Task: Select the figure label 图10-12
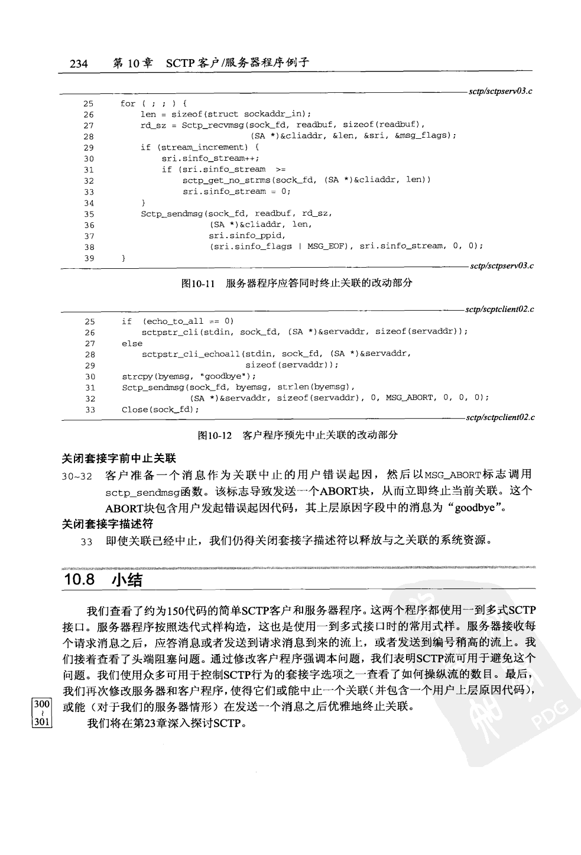(213, 435)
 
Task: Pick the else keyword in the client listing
(132, 343)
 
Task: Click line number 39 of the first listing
(89, 258)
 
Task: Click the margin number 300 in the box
(42, 704)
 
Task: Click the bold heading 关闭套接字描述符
(108, 524)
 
